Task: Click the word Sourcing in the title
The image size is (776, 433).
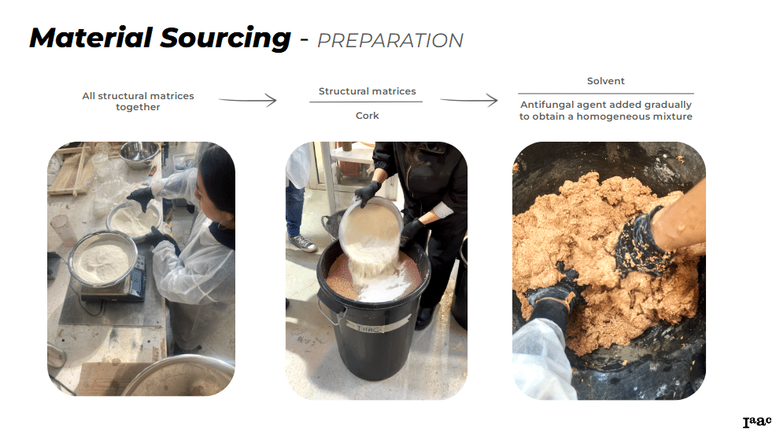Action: (x=226, y=39)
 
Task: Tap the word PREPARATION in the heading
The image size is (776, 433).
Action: (x=390, y=41)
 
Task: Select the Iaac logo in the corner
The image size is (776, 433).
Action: (x=756, y=422)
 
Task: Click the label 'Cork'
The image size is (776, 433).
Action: (x=368, y=115)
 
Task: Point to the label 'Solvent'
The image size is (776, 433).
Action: (x=606, y=80)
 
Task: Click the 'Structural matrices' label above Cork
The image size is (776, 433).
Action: (x=368, y=91)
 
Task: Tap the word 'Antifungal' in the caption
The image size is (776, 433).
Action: (x=547, y=105)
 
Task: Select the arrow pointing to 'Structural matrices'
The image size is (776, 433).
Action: (x=248, y=100)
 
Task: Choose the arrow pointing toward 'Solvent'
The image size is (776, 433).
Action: (x=468, y=100)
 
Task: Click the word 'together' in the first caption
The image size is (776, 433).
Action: (x=138, y=107)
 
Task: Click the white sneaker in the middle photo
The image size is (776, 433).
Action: (x=302, y=242)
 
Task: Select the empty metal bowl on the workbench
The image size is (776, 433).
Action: (x=139, y=154)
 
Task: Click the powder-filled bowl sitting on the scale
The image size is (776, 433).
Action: (x=103, y=258)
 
